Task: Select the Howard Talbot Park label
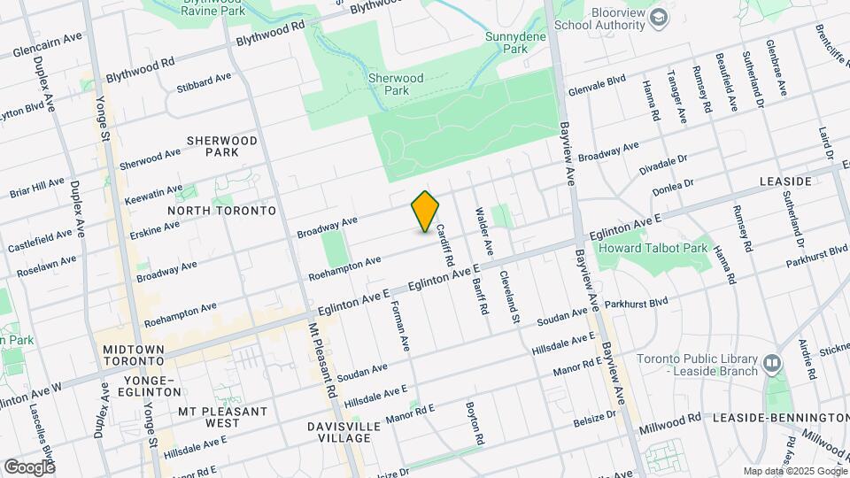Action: tap(664, 249)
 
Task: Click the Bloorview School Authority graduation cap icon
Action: tap(659, 18)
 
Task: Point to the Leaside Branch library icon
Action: tap(772, 363)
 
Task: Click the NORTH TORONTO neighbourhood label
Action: tap(221, 211)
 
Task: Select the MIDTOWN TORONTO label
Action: tap(133, 357)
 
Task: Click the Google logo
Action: tap(28, 466)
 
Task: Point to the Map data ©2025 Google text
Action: tap(794, 471)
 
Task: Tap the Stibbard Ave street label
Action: tap(203, 82)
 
